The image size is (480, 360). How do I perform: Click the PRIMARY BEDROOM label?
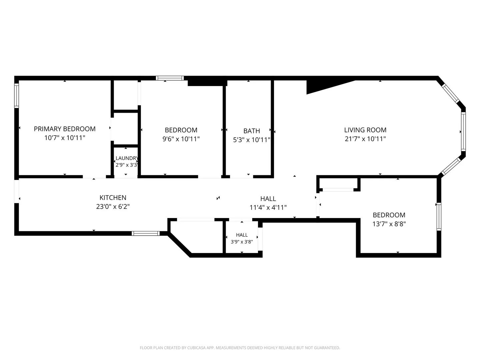tap(65, 129)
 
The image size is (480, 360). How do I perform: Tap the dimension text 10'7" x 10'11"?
tap(65, 138)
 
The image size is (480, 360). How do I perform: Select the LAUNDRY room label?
tap(127, 158)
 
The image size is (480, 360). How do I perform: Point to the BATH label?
tap(252, 131)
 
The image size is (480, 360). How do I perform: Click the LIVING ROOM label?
tap(365, 130)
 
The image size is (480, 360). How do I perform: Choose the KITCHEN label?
tap(113, 198)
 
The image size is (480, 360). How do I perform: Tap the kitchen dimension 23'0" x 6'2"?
tap(113, 207)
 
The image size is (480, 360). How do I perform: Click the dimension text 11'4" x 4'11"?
tap(268, 207)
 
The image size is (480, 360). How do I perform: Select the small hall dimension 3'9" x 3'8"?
tap(242, 242)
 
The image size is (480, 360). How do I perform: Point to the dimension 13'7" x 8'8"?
tap(389, 224)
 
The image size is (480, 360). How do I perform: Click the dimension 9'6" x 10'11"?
tap(181, 139)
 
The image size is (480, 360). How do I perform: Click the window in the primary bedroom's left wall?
tap(17, 96)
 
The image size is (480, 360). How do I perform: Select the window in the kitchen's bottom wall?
tap(146, 233)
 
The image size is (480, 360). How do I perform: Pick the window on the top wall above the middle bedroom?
tap(170, 78)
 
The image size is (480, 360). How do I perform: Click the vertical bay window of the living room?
tap(463, 132)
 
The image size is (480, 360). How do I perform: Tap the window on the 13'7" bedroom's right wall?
tap(439, 217)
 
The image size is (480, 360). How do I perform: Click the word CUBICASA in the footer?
tap(196, 348)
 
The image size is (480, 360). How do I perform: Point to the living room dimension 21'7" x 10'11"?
tap(365, 139)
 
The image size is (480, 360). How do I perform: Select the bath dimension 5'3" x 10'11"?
tap(252, 140)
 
